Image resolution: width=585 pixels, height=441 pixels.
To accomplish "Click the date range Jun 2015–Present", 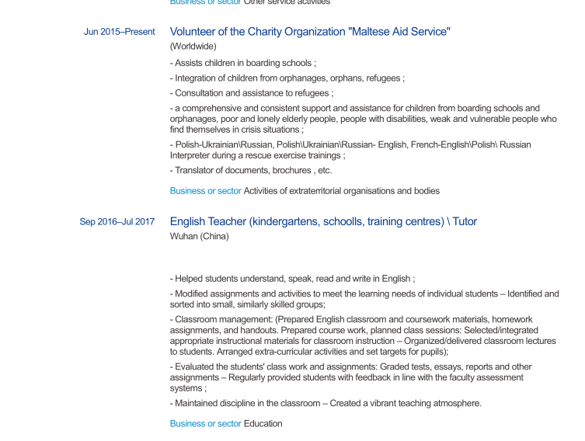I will click(x=119, y=32).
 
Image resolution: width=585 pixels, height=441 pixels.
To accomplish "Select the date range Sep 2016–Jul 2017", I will click(x=117, y=222).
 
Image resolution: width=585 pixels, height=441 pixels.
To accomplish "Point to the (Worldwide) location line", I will click(x=193, y=47).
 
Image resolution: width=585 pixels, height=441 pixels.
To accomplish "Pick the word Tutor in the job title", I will click(x=465, y=222).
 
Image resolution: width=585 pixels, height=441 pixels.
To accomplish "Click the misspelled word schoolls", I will click(x=343, y=222).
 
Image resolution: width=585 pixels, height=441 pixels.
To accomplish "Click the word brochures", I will click(x=294, y=171).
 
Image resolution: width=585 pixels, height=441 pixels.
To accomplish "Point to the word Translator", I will click(x=197, y=171).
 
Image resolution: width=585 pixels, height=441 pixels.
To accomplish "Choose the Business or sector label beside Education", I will click(x=206, y=424).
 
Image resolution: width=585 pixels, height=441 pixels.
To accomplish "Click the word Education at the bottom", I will click(x=263, y=424).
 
